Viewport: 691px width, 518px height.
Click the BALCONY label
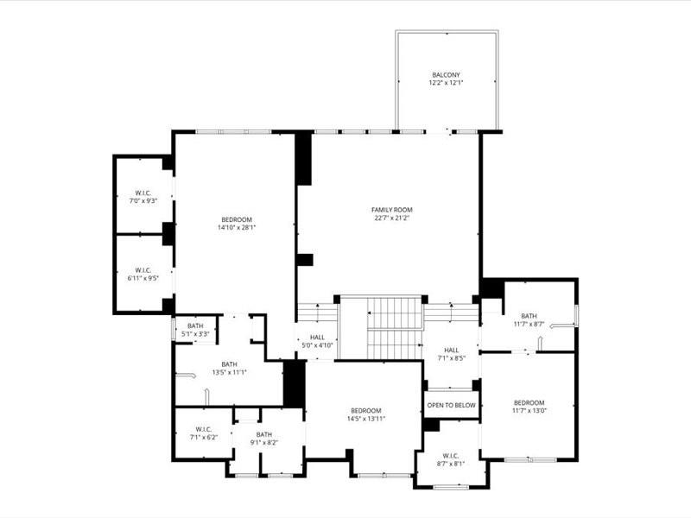[x=447, y=74]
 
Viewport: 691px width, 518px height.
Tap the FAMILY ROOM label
[x=392, y=210]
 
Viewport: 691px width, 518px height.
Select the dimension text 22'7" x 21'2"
[x=392, y=218]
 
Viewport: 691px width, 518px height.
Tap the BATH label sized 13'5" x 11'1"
[x=229, y=364]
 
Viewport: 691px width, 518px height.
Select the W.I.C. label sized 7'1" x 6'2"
[x=204, y=429]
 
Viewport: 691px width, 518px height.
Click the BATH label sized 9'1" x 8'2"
[x=264, y=434]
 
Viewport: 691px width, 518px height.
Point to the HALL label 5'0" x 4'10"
[x=317, y=338]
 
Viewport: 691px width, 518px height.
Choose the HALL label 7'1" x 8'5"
[x=452, y=350]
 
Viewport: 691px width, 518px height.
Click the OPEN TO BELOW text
[x=452, y=405]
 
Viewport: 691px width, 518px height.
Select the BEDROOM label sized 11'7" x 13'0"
[x=529, y=402]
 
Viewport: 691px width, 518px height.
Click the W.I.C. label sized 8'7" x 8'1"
[x=451, y=455]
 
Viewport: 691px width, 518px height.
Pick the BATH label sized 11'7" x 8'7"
[x=529, y=316]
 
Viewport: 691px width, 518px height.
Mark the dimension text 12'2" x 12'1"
[x=447, y=83]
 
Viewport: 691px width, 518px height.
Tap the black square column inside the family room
[x=304, y=259]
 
